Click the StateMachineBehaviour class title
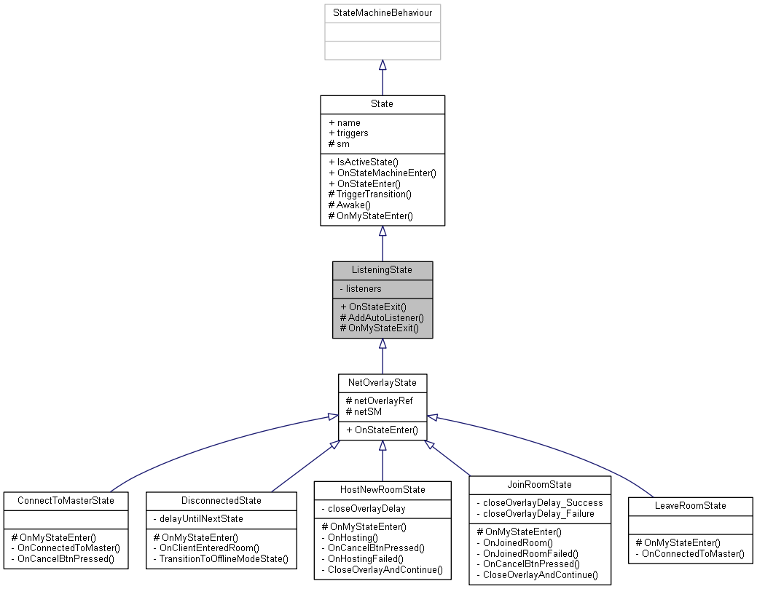point(382,13)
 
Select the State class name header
point(382,104)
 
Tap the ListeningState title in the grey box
point(382,270)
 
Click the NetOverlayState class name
point(382,383)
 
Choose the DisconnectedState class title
point(221,501)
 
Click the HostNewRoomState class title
point(382,489)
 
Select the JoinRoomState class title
point(539,484)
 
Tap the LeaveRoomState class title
point(689,505)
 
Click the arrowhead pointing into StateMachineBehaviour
point(382,65)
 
